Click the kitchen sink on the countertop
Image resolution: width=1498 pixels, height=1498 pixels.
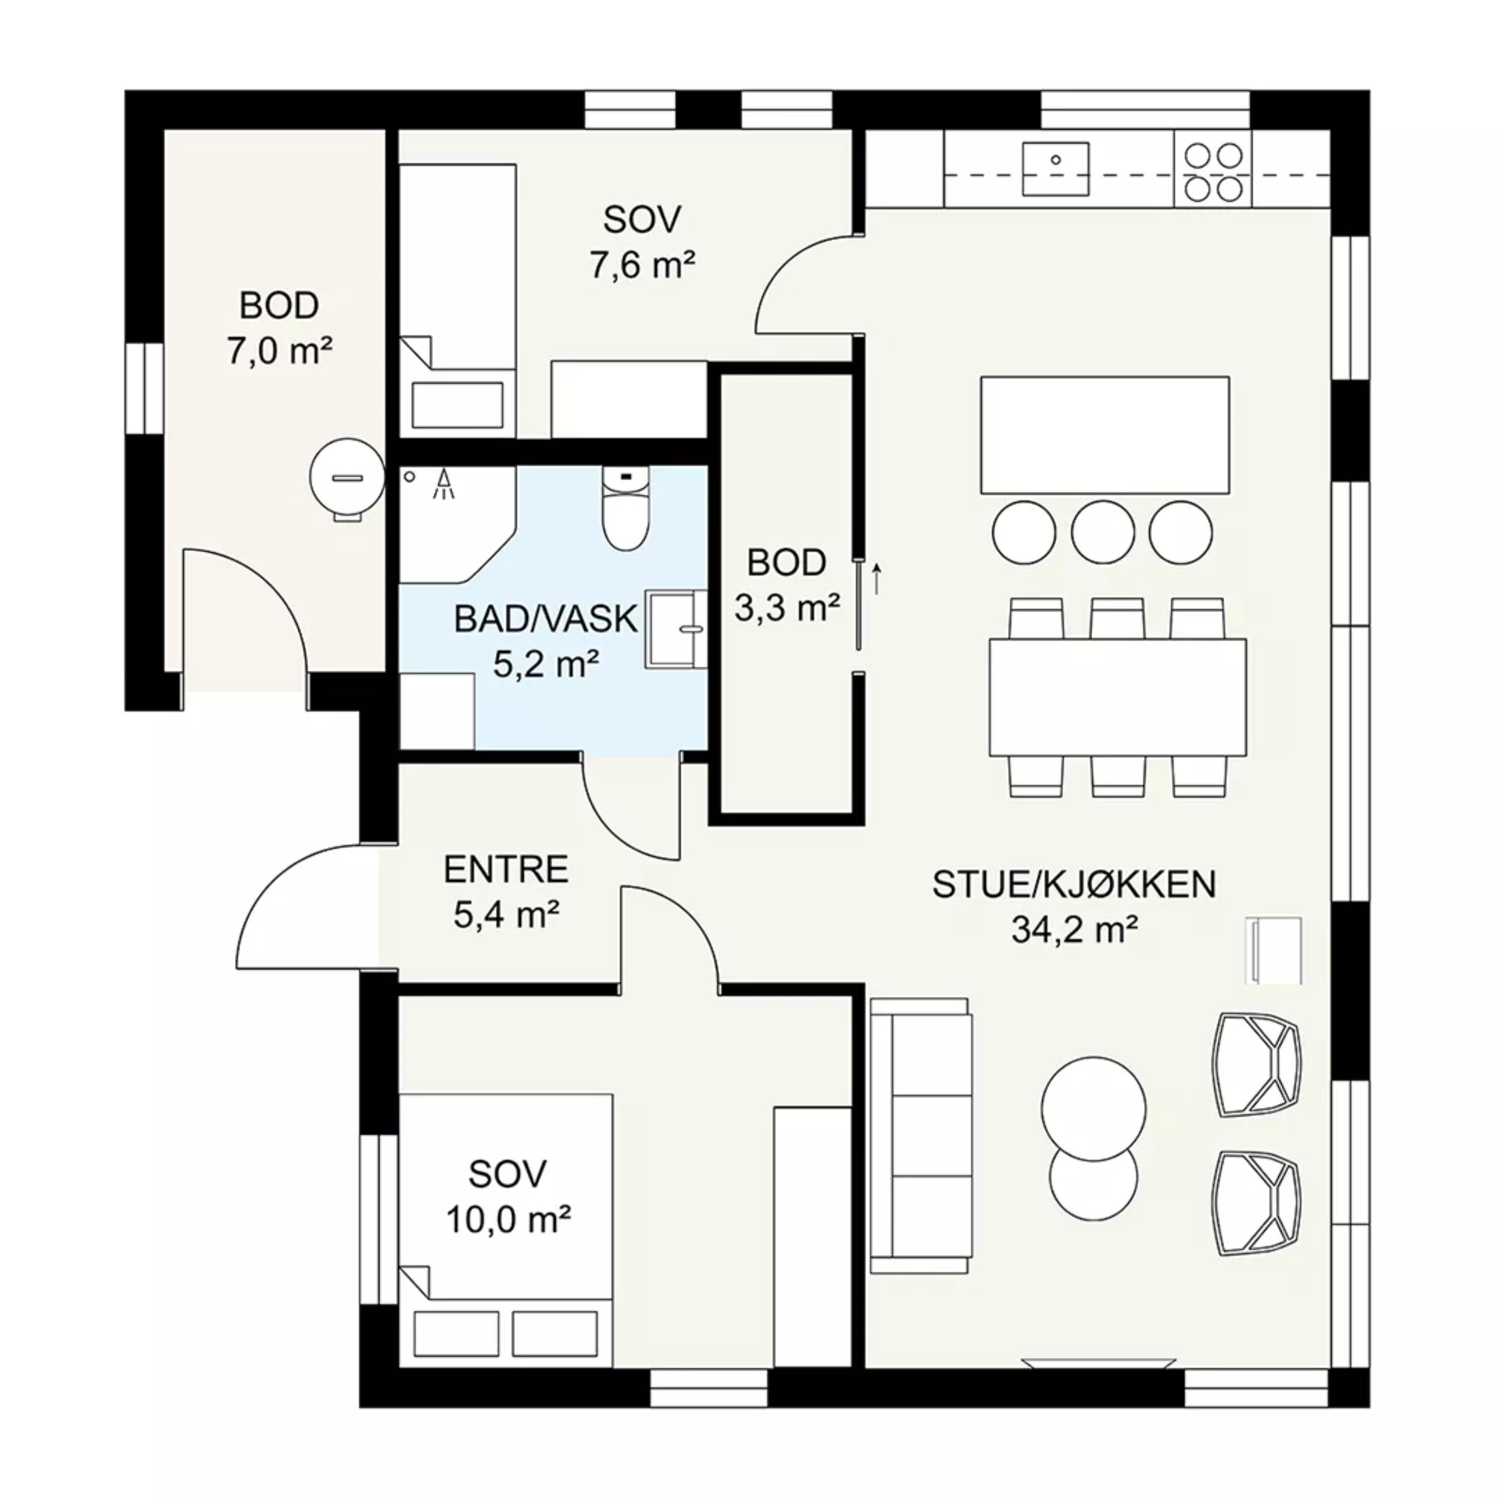pos(1055,167)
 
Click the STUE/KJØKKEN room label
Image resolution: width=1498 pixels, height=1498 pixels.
pos(1074,885)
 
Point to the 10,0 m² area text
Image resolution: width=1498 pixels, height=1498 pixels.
pos(509,1220)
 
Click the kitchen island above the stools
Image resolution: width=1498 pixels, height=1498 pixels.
pos(1105,435)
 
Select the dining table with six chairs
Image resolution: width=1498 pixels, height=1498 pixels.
pos(1117,697)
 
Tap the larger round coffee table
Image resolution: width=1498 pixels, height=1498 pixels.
pos(1093,1108)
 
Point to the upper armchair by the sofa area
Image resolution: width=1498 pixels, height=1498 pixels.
pos(1258,1065)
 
